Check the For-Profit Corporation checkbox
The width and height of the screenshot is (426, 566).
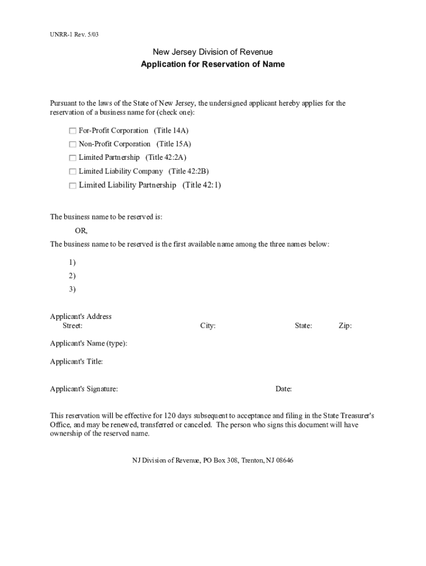click(72, 131)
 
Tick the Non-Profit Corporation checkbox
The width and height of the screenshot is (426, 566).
click(72, 144)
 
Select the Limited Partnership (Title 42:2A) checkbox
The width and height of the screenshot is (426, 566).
click(72, 158)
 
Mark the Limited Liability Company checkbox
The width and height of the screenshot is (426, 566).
click(72, 172)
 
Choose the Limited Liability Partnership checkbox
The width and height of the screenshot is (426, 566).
click(72, 186)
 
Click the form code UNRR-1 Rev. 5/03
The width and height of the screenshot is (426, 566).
click(75, 35)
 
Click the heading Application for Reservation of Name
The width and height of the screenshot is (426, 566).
click(212, 64)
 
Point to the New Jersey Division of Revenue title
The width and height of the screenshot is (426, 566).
click(212, 52)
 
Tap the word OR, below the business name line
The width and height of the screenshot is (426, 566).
click(81, 230)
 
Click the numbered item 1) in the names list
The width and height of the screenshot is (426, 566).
click(72, 262)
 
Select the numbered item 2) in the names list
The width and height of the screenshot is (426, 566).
click(72, 276)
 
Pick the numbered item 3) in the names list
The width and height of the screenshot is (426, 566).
click(72, 289)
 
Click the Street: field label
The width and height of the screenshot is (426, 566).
click(72, 326)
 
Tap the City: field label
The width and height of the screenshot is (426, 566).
click(207, 326)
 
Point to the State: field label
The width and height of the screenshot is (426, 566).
click(303, 326)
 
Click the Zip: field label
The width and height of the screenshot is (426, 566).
click(345, 326)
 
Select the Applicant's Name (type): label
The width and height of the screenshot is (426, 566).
click(89, 343)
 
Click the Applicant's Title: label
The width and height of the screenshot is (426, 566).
click(76, 361)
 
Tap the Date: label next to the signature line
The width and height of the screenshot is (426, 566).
click(284, 389)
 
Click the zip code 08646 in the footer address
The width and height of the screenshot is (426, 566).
click(284, 460)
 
